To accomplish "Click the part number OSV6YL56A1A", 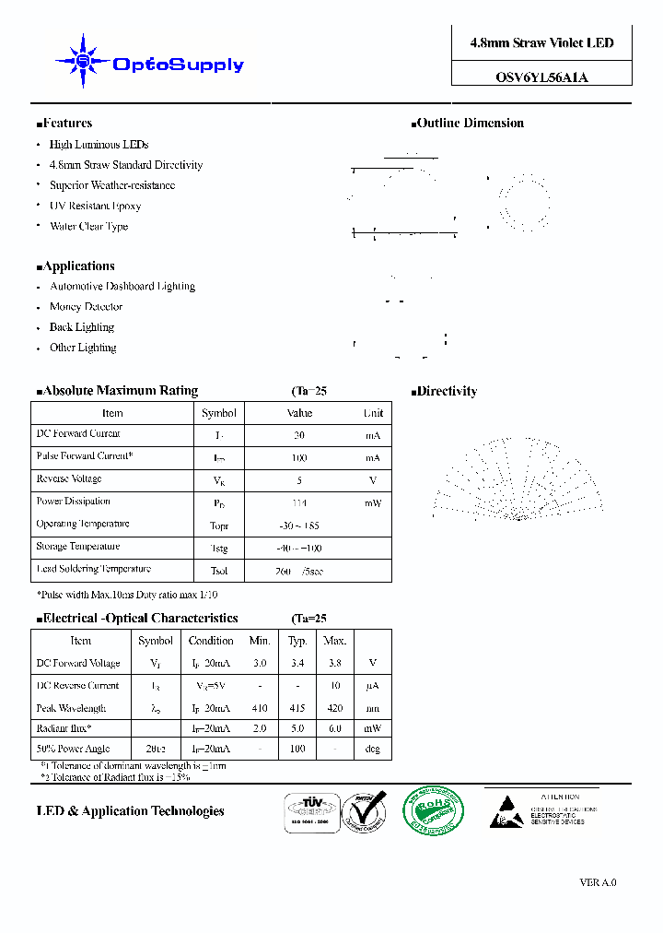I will pyautogui.click(x=541, y=77).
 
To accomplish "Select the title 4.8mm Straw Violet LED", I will pyautogui.click(x=541, y=43).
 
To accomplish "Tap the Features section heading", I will pyautogui.click(x=67, y=124).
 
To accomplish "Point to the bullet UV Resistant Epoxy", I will pyautogui.click(x=95, y=206).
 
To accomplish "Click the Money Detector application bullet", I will pyautogui.click(x=86, y=307).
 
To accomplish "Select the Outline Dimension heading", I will pyautogui.click(x=470, y=124).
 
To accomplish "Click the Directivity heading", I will pyautogui.click(x=447, y=392).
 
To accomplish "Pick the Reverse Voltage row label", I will pyautogui.click(x=69, y=479).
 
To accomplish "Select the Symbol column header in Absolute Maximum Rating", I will pyautogui.click(x=219, y=413).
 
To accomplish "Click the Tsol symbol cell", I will pyautogui.click(x=219, y=571).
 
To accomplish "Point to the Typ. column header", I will pyautogui.click(x=297, y=641).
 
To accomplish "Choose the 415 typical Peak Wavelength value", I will pyautogui.click(x=297, y=708).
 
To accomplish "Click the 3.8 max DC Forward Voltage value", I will pyautogui.click(x=334, y=663).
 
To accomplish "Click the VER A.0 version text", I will pyautogui.click(x=598, y=882).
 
